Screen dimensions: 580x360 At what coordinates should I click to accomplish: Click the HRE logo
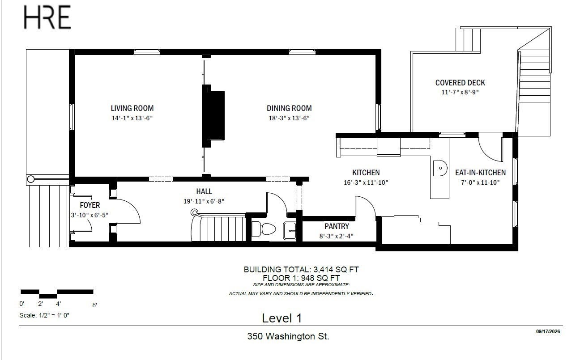(47, 17)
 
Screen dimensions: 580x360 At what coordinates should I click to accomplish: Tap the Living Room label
(132, 108)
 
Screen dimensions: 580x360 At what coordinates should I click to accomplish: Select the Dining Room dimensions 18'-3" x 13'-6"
(289, 118)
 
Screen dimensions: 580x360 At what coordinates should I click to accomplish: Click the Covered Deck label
(460, 83)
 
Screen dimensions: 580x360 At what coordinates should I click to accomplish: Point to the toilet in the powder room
(264, 229)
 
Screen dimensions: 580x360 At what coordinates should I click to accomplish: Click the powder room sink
(290, 230)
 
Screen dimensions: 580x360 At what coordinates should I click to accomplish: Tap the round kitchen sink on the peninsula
(440, 168)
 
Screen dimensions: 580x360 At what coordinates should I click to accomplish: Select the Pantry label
(337, 226)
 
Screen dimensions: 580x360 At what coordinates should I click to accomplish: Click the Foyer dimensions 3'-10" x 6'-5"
(90, 215)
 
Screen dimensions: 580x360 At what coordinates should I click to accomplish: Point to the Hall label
(204, 191)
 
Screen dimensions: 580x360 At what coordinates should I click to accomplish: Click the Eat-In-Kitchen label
(480, 173)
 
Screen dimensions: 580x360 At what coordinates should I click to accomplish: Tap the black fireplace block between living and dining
(213, 116)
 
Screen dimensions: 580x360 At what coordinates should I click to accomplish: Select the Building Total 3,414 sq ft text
(301, 270)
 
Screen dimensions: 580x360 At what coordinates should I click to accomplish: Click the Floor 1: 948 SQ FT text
(301, 278)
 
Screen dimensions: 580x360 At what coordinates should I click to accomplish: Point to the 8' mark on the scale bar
(94, 305)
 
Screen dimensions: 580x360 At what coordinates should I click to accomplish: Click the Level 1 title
(281, 318)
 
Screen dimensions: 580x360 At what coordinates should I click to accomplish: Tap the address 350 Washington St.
(288, 336)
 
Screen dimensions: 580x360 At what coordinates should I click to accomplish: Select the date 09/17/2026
(548, 331)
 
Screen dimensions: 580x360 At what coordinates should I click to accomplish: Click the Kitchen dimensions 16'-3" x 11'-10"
(366, 183)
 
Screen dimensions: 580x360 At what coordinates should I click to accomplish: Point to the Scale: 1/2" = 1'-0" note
(44, 315)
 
